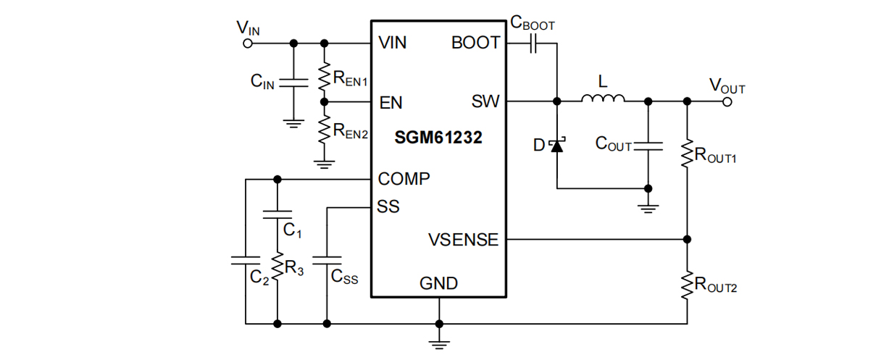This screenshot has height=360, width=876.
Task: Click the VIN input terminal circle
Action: click(x=247, y=43)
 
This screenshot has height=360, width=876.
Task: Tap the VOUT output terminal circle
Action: click(x=727, y=101)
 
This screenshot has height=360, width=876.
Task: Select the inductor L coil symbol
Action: click(x=601, y=100)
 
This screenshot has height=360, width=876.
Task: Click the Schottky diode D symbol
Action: click(x=556, y=146)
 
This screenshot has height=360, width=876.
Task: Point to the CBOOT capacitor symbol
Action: click(x=533, y=44)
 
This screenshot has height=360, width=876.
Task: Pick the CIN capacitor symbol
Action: click(x=293, y=81)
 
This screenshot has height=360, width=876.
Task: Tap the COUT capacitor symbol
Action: click(x=648, y=146)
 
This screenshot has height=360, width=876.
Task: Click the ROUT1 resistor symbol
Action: click(x=687, y=154)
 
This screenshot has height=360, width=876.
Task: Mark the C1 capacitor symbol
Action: click(x=277, y=214)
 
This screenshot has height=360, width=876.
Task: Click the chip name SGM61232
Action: click(x=438, y=138)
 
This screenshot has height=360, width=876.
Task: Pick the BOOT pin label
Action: click(x=475, y=43)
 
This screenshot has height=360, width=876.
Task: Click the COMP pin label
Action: click(x=404, y=179)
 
